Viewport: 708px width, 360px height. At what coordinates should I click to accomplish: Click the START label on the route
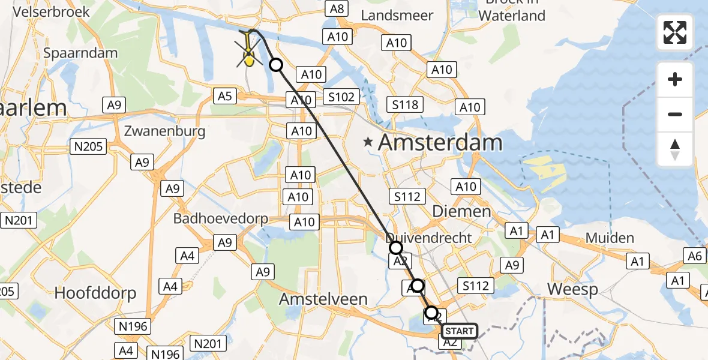click(x=460, y=331)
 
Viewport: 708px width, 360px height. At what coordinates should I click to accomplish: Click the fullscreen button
click(x=675, y=32)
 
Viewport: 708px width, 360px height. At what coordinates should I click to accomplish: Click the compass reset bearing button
click(x=675, y=149)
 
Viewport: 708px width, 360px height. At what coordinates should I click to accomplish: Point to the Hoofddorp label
click(x=95, y=293)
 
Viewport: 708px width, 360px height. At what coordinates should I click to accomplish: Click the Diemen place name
click(x=461, y=211)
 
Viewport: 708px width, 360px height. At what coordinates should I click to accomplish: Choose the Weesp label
click(x=572, y=290)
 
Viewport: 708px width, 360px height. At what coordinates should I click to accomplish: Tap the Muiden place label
click(x=610, y=238)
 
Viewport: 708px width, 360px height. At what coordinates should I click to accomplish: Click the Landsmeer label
click(x=397, y=16)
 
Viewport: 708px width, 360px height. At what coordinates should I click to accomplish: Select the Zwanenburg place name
click(x=166, y=131)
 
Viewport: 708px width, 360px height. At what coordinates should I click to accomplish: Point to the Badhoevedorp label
click(x=221, y=218)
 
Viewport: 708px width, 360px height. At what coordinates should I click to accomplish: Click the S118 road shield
click(x=405, y=105)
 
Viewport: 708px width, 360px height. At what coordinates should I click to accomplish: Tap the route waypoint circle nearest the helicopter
click(x=276, y=65)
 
